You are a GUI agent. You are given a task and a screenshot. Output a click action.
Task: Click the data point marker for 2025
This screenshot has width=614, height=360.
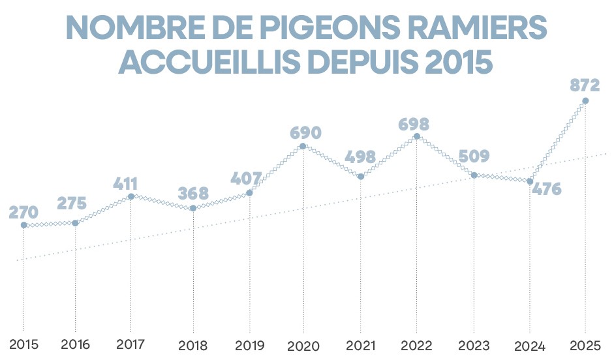(585, 100)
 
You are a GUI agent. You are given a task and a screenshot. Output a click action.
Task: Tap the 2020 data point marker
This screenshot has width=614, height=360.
(303, 146)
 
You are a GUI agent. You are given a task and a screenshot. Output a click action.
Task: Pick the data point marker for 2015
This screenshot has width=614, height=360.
(23, 225)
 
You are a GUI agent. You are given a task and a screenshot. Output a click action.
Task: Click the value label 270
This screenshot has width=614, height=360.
(23, 212)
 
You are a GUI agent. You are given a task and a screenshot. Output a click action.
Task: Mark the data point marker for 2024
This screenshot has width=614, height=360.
(530, 181)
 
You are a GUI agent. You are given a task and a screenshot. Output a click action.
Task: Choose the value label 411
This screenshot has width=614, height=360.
(130, 183)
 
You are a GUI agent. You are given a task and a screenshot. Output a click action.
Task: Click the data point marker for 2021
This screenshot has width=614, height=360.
(360, 176)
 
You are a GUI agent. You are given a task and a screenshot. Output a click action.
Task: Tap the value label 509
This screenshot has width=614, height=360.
(474, 157)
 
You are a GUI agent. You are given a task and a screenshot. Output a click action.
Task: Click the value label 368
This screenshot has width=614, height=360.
(193, 194)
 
